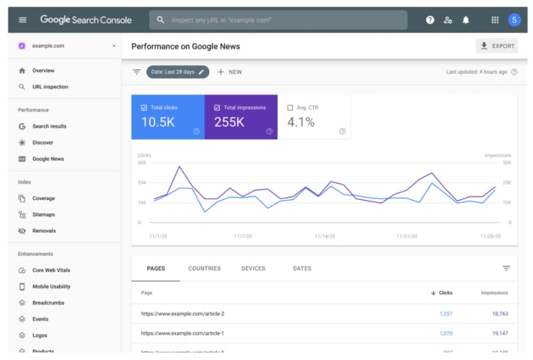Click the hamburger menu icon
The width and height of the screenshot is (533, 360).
point(23,20)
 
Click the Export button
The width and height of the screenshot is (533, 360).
point(497,46)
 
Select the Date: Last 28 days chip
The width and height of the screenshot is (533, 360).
point(177,72)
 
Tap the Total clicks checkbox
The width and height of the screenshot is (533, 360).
point(144,107)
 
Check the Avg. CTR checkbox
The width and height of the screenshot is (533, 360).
point(290,107)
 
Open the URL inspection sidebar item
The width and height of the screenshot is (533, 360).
point(50,87)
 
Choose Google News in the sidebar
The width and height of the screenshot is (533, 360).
point(48,159)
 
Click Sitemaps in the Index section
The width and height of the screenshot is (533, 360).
point(43,215)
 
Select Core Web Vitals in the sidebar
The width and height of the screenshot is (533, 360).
point(51,270)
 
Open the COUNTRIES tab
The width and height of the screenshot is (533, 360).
point(205,269)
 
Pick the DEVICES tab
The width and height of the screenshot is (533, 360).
point(253,269)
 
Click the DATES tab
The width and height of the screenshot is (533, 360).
point(302,269)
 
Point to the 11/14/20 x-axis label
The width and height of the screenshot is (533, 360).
point(324,236)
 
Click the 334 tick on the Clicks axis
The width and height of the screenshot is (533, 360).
point(142,182)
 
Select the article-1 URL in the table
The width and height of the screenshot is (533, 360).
point(183,333)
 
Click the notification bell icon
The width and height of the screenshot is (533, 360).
point(466,20)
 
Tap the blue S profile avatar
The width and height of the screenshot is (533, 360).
point(514,20)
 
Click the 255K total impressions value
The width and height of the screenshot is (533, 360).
point(229,122)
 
